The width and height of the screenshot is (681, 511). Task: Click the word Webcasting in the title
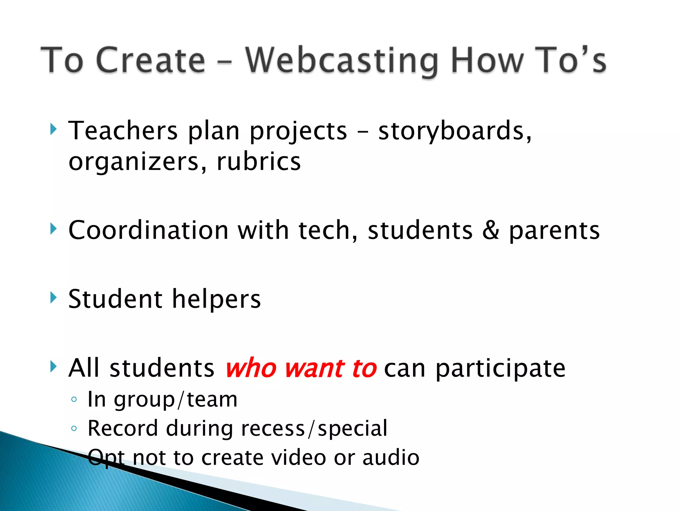tap(342, 61)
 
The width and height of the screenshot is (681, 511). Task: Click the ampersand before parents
tap(490, 230)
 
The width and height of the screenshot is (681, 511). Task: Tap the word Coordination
tap(148, 230)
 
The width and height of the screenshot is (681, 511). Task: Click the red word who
tap(251, 369)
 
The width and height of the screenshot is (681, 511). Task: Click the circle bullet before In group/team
tap(74, 399)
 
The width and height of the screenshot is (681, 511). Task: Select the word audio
tap(391, 458)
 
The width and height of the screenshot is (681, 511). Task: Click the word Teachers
tap(123, 131)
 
